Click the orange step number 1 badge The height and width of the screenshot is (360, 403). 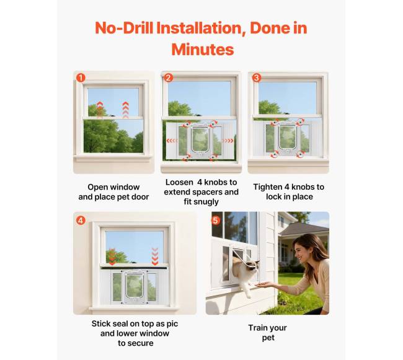(81, 78)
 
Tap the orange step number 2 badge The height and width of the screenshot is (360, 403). (169, 77)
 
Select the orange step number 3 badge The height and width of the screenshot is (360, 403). (256, 77)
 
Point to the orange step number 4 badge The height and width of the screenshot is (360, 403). (81, 221)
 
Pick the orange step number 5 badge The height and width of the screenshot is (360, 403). (215, 221)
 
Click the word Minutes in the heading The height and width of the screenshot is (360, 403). (203, 50)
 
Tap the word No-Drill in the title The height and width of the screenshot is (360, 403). (124, 28)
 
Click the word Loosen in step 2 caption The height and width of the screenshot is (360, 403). (179, 182)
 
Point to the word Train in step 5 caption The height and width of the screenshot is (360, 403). (257, 328)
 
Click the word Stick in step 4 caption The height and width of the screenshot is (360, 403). (100, 323)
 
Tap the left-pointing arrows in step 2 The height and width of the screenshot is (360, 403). (172, 141)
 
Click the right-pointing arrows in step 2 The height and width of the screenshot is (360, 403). (228, 141)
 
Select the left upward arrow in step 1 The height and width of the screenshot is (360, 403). (100, 110)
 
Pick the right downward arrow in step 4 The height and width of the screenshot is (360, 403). (155, 257)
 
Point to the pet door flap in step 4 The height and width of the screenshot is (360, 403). (134, 285)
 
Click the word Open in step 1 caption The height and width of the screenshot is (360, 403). (97, 187)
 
